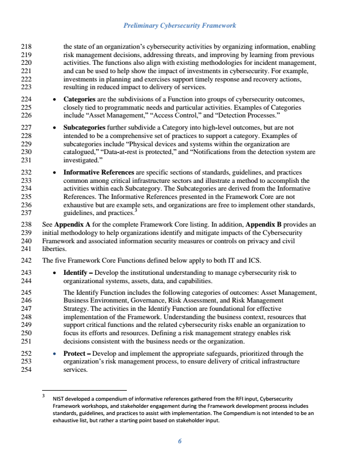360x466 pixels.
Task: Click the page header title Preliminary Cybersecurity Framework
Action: coord(180,25)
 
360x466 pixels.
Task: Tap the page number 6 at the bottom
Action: coord(180,441)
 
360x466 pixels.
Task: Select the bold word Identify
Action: coord(77,273)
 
